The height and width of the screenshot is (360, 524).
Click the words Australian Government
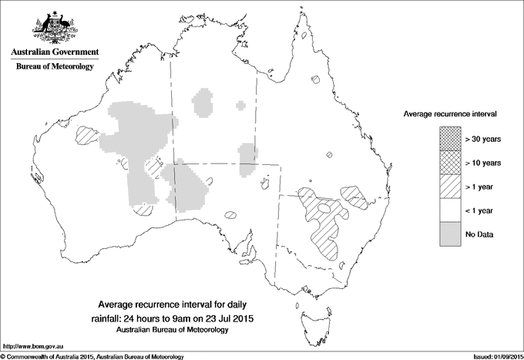54,52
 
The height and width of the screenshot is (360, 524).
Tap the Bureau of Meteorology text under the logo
54,67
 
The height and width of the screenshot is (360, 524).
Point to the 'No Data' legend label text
480,234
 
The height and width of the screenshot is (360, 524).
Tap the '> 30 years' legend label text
484,140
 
